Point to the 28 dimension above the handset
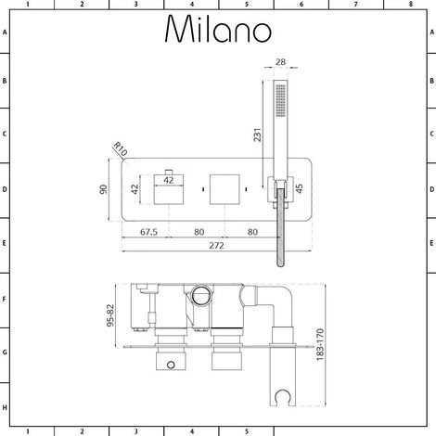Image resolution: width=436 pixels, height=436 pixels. tap(280, 63)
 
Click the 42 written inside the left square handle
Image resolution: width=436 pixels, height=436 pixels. tap(168, 181)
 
